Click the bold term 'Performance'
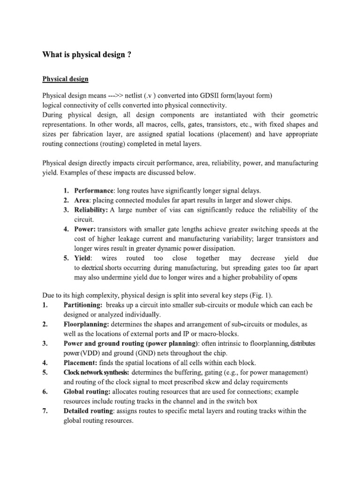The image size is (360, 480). tap(90, 190)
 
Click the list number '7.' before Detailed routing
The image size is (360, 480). tap(45, 411)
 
